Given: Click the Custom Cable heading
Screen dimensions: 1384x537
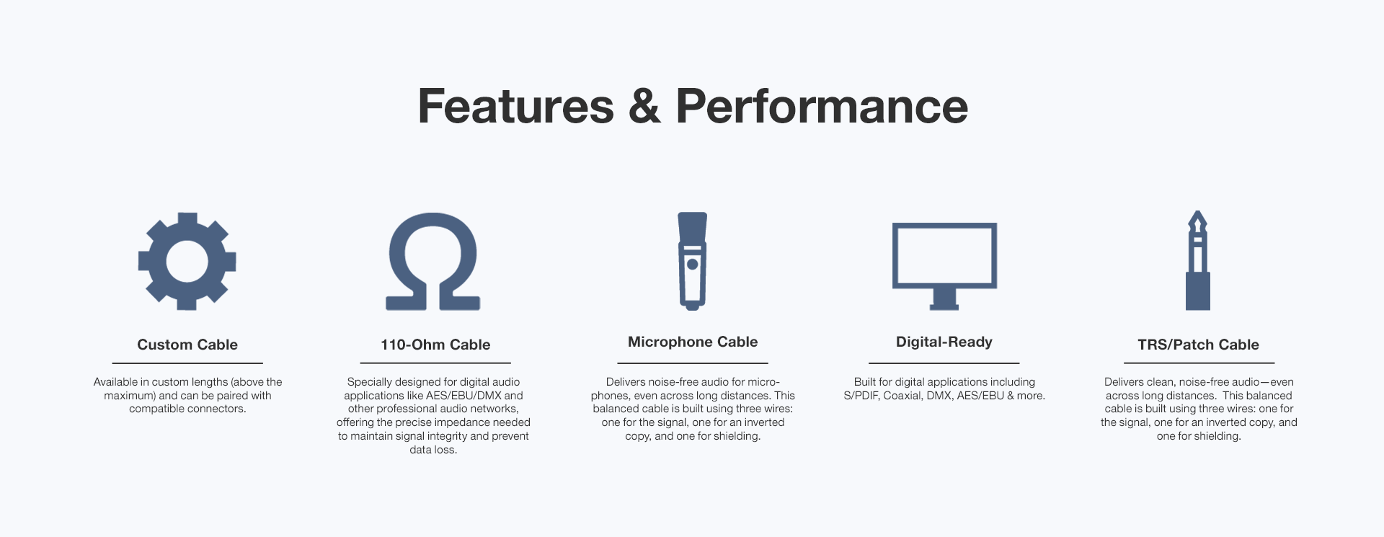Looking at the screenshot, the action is tap(187, 345).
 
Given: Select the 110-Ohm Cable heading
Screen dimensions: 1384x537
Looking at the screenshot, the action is tap(435, 345).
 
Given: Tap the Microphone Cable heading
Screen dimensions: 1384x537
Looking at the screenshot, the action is tap(693, 342).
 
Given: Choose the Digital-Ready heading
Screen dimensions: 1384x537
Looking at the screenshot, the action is tap(944, 342).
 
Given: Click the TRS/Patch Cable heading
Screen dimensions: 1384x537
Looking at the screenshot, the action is tap(1199, 345).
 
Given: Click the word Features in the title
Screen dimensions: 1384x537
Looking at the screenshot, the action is tap(516, 106).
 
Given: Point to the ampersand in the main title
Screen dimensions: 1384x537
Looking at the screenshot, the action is tap(644, 106).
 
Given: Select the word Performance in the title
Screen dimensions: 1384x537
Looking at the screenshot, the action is tap(822, 106).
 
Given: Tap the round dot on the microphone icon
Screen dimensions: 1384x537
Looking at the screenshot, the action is tap(693, 264).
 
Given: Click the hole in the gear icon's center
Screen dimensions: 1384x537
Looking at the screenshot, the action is tap(187, 261).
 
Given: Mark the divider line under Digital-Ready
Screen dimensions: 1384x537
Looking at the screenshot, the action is tap(944, 363).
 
